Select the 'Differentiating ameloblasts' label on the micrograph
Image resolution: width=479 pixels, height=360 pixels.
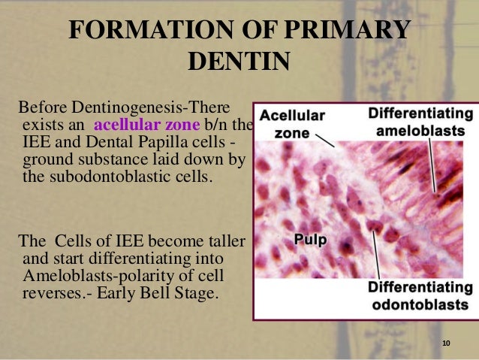[x=420, y=123]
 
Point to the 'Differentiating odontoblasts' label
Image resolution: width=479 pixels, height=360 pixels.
[x=420, y=297]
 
